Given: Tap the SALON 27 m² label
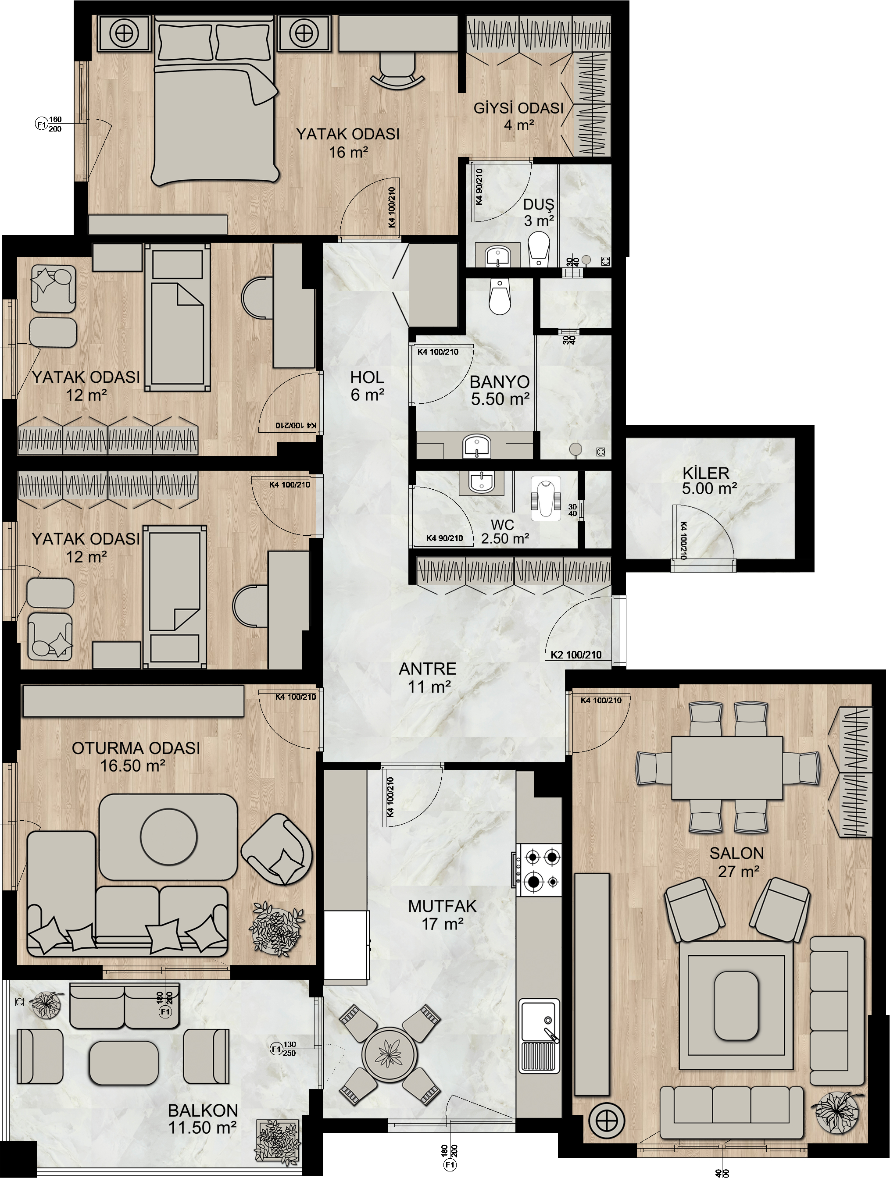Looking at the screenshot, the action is click(x=736, y=861).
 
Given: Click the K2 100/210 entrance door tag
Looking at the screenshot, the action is click(x=576, y=655).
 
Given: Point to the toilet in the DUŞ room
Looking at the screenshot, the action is click(x=539, y=248).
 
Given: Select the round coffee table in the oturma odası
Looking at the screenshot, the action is click(x=168, y=836).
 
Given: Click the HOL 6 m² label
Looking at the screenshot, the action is click(x=367, y=385).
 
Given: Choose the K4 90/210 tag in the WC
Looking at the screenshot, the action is click(x=444, y=538).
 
